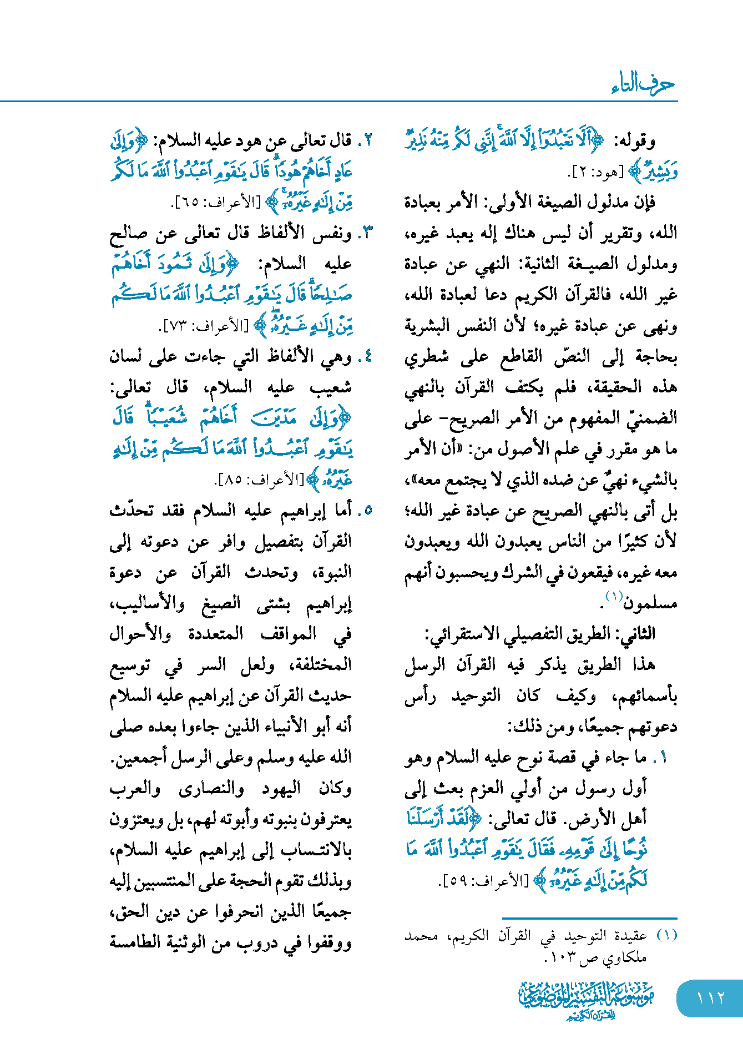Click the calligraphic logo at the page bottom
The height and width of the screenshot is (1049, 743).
pos(587,1000)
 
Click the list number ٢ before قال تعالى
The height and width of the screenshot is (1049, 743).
pos(366,142)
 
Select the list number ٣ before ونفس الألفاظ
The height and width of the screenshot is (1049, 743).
pos(366,234)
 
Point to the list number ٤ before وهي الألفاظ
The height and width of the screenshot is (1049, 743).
pos(366,357)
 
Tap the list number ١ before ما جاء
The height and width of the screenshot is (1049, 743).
pos(663,758)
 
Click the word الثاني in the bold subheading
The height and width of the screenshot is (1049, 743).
pos(639,634)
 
